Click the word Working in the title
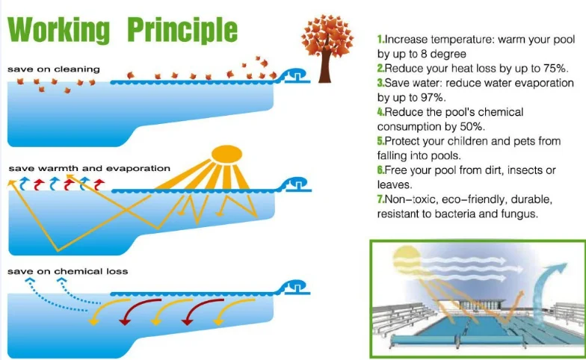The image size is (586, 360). point(58,30)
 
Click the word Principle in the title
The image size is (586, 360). point(182,30)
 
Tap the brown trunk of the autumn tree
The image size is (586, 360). point(324,66)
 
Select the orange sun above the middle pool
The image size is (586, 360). point(227,154)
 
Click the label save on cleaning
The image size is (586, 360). point(54,69)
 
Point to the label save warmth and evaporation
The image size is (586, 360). point(90,169)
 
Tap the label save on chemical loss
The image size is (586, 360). point(67,271)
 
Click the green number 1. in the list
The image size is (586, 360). point(381,39)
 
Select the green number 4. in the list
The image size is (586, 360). point(381,112)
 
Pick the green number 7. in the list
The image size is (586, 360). point(381,199)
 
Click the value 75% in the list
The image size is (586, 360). point(556,69)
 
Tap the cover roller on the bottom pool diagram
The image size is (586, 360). point(295,288)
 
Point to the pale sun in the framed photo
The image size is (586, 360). point(407,258)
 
